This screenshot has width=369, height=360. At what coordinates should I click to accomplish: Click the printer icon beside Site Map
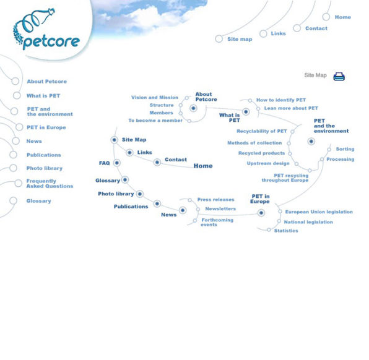click(339, 76)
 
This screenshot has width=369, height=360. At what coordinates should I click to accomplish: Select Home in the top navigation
click(342, 17)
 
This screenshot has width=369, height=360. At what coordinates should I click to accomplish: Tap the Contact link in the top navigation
click(316, 28)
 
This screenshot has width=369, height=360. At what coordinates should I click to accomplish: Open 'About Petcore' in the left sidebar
click(46, 81)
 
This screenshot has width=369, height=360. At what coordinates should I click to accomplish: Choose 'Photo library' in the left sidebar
click(44, 168)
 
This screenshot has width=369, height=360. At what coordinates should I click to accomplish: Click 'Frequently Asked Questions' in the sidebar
click(50, 184)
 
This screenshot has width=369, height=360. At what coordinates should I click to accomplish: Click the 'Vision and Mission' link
click(154, 97)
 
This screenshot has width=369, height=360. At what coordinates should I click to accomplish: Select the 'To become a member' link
click(155, 121)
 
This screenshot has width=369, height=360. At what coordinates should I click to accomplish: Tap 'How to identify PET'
click(280, 100)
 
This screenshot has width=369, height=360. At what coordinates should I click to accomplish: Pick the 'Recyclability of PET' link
click(261, 131)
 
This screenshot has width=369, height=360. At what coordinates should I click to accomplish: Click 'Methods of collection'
click(254, 143)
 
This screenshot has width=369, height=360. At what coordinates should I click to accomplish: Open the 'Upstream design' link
click(267, 163)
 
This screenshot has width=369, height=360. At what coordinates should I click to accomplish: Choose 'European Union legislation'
click(319, 212)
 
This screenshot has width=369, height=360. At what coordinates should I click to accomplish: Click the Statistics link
click(285, 231)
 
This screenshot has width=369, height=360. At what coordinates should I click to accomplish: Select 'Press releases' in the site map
click(215, 200)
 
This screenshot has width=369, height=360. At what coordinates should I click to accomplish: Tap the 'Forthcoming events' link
click(217, 222)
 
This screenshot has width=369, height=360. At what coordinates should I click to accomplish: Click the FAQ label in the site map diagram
click(104, 163)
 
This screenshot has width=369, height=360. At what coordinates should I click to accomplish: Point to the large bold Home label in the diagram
click(202, 166)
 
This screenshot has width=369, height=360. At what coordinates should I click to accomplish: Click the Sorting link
click(345, 149)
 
